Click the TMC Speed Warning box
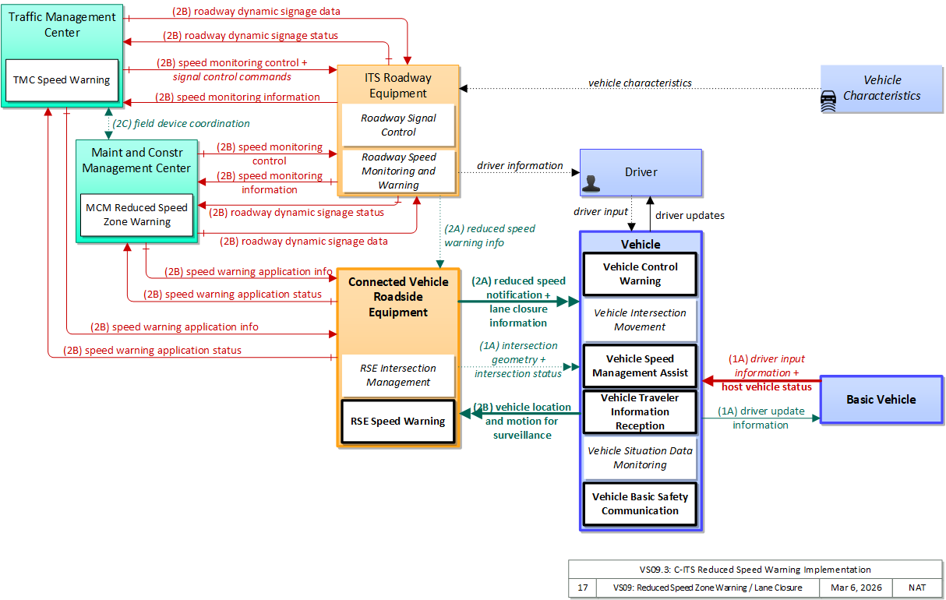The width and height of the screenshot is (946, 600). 62,80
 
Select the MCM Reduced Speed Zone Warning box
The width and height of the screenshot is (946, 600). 137,215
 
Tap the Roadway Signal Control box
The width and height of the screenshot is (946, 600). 398,125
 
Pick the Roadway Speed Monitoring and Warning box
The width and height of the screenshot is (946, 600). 399,171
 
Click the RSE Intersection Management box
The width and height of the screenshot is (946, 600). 398,376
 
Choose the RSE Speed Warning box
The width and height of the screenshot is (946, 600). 398,422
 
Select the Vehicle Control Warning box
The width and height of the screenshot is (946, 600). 640,274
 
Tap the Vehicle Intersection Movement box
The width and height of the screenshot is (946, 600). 640,320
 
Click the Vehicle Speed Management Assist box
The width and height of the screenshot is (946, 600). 640,366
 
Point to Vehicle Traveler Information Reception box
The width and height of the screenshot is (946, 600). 640,412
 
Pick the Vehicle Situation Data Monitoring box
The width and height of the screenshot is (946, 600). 640,458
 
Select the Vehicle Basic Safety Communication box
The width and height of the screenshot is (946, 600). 640,503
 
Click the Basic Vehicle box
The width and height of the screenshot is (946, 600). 881,400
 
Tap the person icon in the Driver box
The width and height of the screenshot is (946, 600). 591,183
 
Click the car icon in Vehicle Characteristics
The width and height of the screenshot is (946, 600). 828,101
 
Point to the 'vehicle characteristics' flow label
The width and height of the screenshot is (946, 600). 640,83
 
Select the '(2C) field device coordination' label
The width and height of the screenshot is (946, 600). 182,124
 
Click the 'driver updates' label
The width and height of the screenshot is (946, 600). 690,216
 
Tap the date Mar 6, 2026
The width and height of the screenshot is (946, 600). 856,588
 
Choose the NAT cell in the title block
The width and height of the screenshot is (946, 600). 917,588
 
